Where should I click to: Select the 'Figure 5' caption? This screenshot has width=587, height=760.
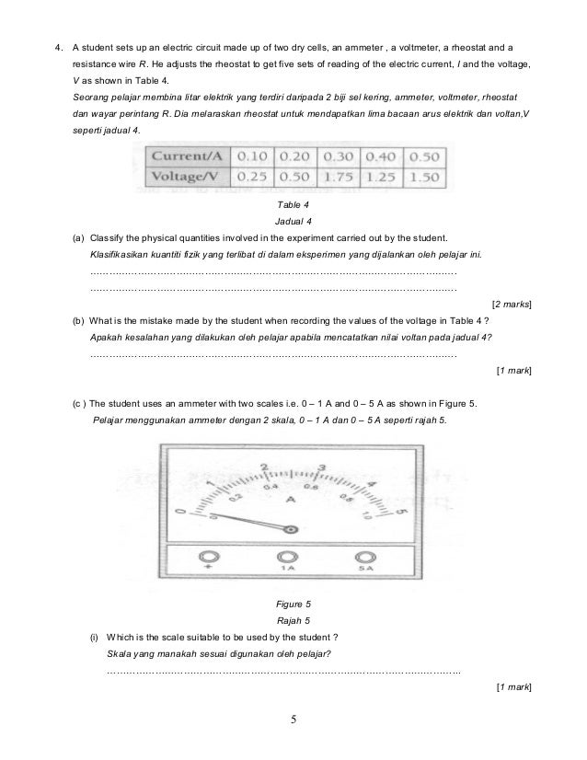point(294,603)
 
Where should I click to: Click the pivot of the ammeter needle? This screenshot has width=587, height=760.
point(291,529)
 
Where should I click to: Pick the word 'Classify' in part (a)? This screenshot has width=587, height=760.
point(109,236)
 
